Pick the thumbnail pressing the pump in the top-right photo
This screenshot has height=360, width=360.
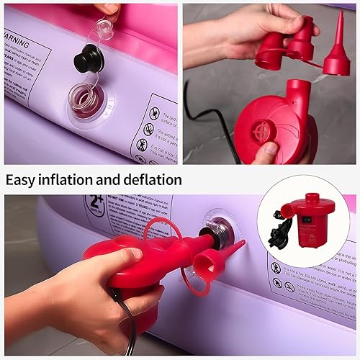(x=266, y=150)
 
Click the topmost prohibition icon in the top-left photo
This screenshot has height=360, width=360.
(x=154, y=113)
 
